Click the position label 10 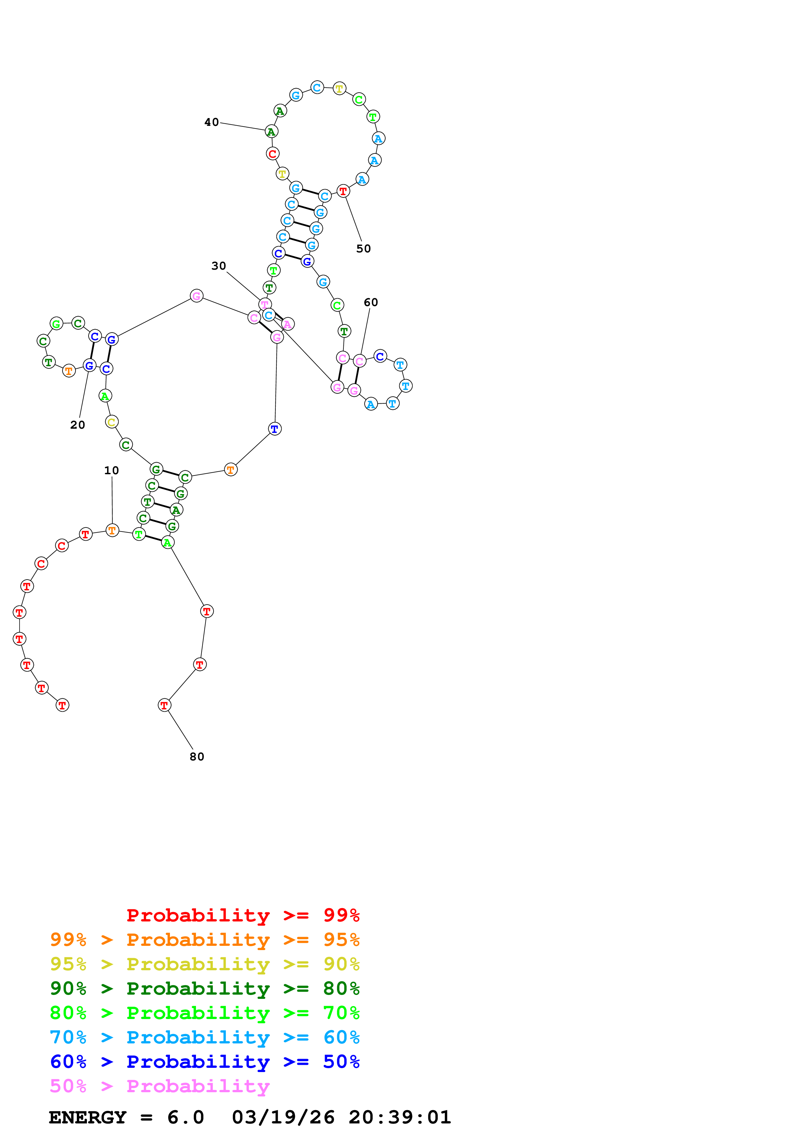pos(111,470)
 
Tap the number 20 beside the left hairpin pos(77,425)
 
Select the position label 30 pos(219,266)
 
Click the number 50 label pos(364,248)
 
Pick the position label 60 pos(371,302)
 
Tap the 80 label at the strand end pos(197,756)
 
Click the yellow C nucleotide pos(112,422)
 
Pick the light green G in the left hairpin pos(57,324)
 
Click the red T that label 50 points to pos(343,191)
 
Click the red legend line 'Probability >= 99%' pos(243,915)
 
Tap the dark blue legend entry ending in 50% pos(205,1062)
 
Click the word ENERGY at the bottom pos(88,1117)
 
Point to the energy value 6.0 pos(186,1117)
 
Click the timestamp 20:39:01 pos(400,1117)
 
